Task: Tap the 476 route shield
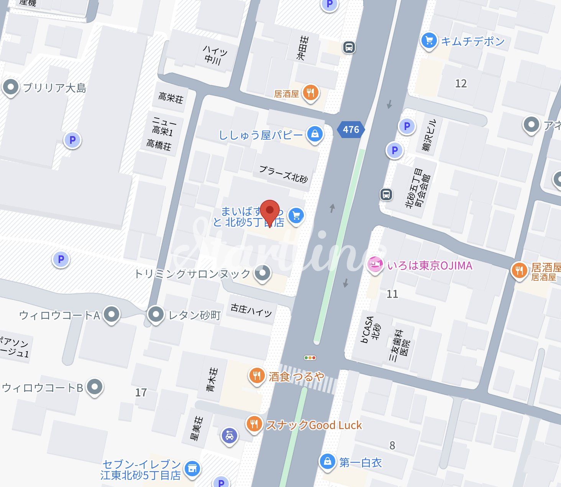coord(351,130)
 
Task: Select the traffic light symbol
coord(310,358)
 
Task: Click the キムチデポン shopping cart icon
coord(429,40)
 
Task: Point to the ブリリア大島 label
coord(54,88)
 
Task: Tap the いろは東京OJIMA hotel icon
coord(375,265)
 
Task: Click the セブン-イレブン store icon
coord(192,468)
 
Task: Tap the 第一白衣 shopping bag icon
coord(327,461)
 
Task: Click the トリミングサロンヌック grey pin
coord(262,273)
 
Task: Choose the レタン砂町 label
coord(195,315)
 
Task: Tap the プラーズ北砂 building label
coord(283,174)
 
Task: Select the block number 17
coord(141,392)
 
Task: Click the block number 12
coord(461,83)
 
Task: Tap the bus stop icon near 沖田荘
coord(349,47)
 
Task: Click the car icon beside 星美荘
coord(230,436)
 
